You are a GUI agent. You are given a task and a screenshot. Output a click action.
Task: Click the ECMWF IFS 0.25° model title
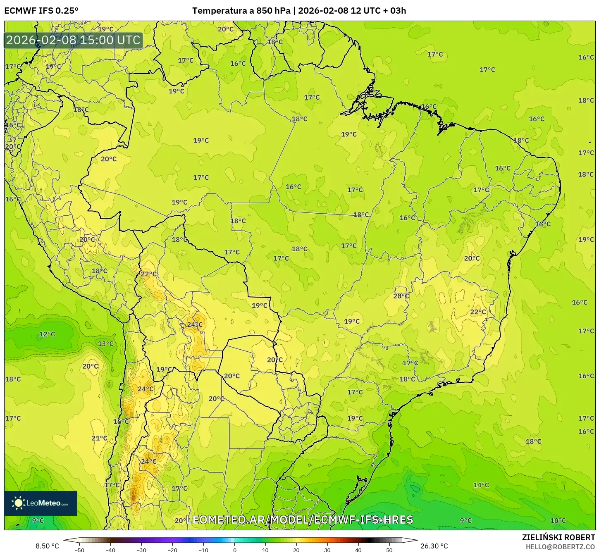click(x=41, y=11)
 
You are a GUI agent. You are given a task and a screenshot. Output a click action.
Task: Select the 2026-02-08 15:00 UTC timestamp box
click(x=73, y=40)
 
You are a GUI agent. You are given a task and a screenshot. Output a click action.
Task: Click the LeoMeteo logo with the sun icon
click(x=41, y=503)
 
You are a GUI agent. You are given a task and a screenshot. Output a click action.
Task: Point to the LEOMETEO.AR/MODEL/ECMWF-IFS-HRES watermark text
click(x=300, y=520)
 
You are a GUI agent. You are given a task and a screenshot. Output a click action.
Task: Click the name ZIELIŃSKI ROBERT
click(x=558, y=537)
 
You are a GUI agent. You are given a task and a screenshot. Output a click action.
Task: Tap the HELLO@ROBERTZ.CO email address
click(x=560, y=547)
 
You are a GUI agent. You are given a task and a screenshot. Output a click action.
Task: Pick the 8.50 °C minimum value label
click(x=47, y=546)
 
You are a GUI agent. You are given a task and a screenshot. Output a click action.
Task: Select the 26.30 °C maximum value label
click(x=434, y=546)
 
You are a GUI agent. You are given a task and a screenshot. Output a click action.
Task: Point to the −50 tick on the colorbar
click(x=79, y=550)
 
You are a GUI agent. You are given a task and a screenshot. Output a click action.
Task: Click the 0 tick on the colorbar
click(x=234, y=550)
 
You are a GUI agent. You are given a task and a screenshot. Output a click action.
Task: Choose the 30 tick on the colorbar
click(x=327, y=550)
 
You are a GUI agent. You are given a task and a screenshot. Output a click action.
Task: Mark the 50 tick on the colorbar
click(x=389, y=550)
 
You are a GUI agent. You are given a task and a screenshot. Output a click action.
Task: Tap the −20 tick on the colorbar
click(x=172, y=550)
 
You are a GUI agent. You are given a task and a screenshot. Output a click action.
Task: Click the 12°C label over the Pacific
click(x=47, y=334)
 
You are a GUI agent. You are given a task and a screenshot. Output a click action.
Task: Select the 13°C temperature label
click(x=106, y=343)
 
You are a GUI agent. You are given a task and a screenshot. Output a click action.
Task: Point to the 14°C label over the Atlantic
click(x=481, y=485)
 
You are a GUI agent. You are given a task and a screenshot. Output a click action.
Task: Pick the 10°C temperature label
click(x=558, y=520)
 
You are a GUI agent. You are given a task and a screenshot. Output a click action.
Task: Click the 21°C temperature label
click(x=99, y=438)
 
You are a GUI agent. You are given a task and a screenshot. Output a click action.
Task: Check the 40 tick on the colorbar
click(x=358, y=550)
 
